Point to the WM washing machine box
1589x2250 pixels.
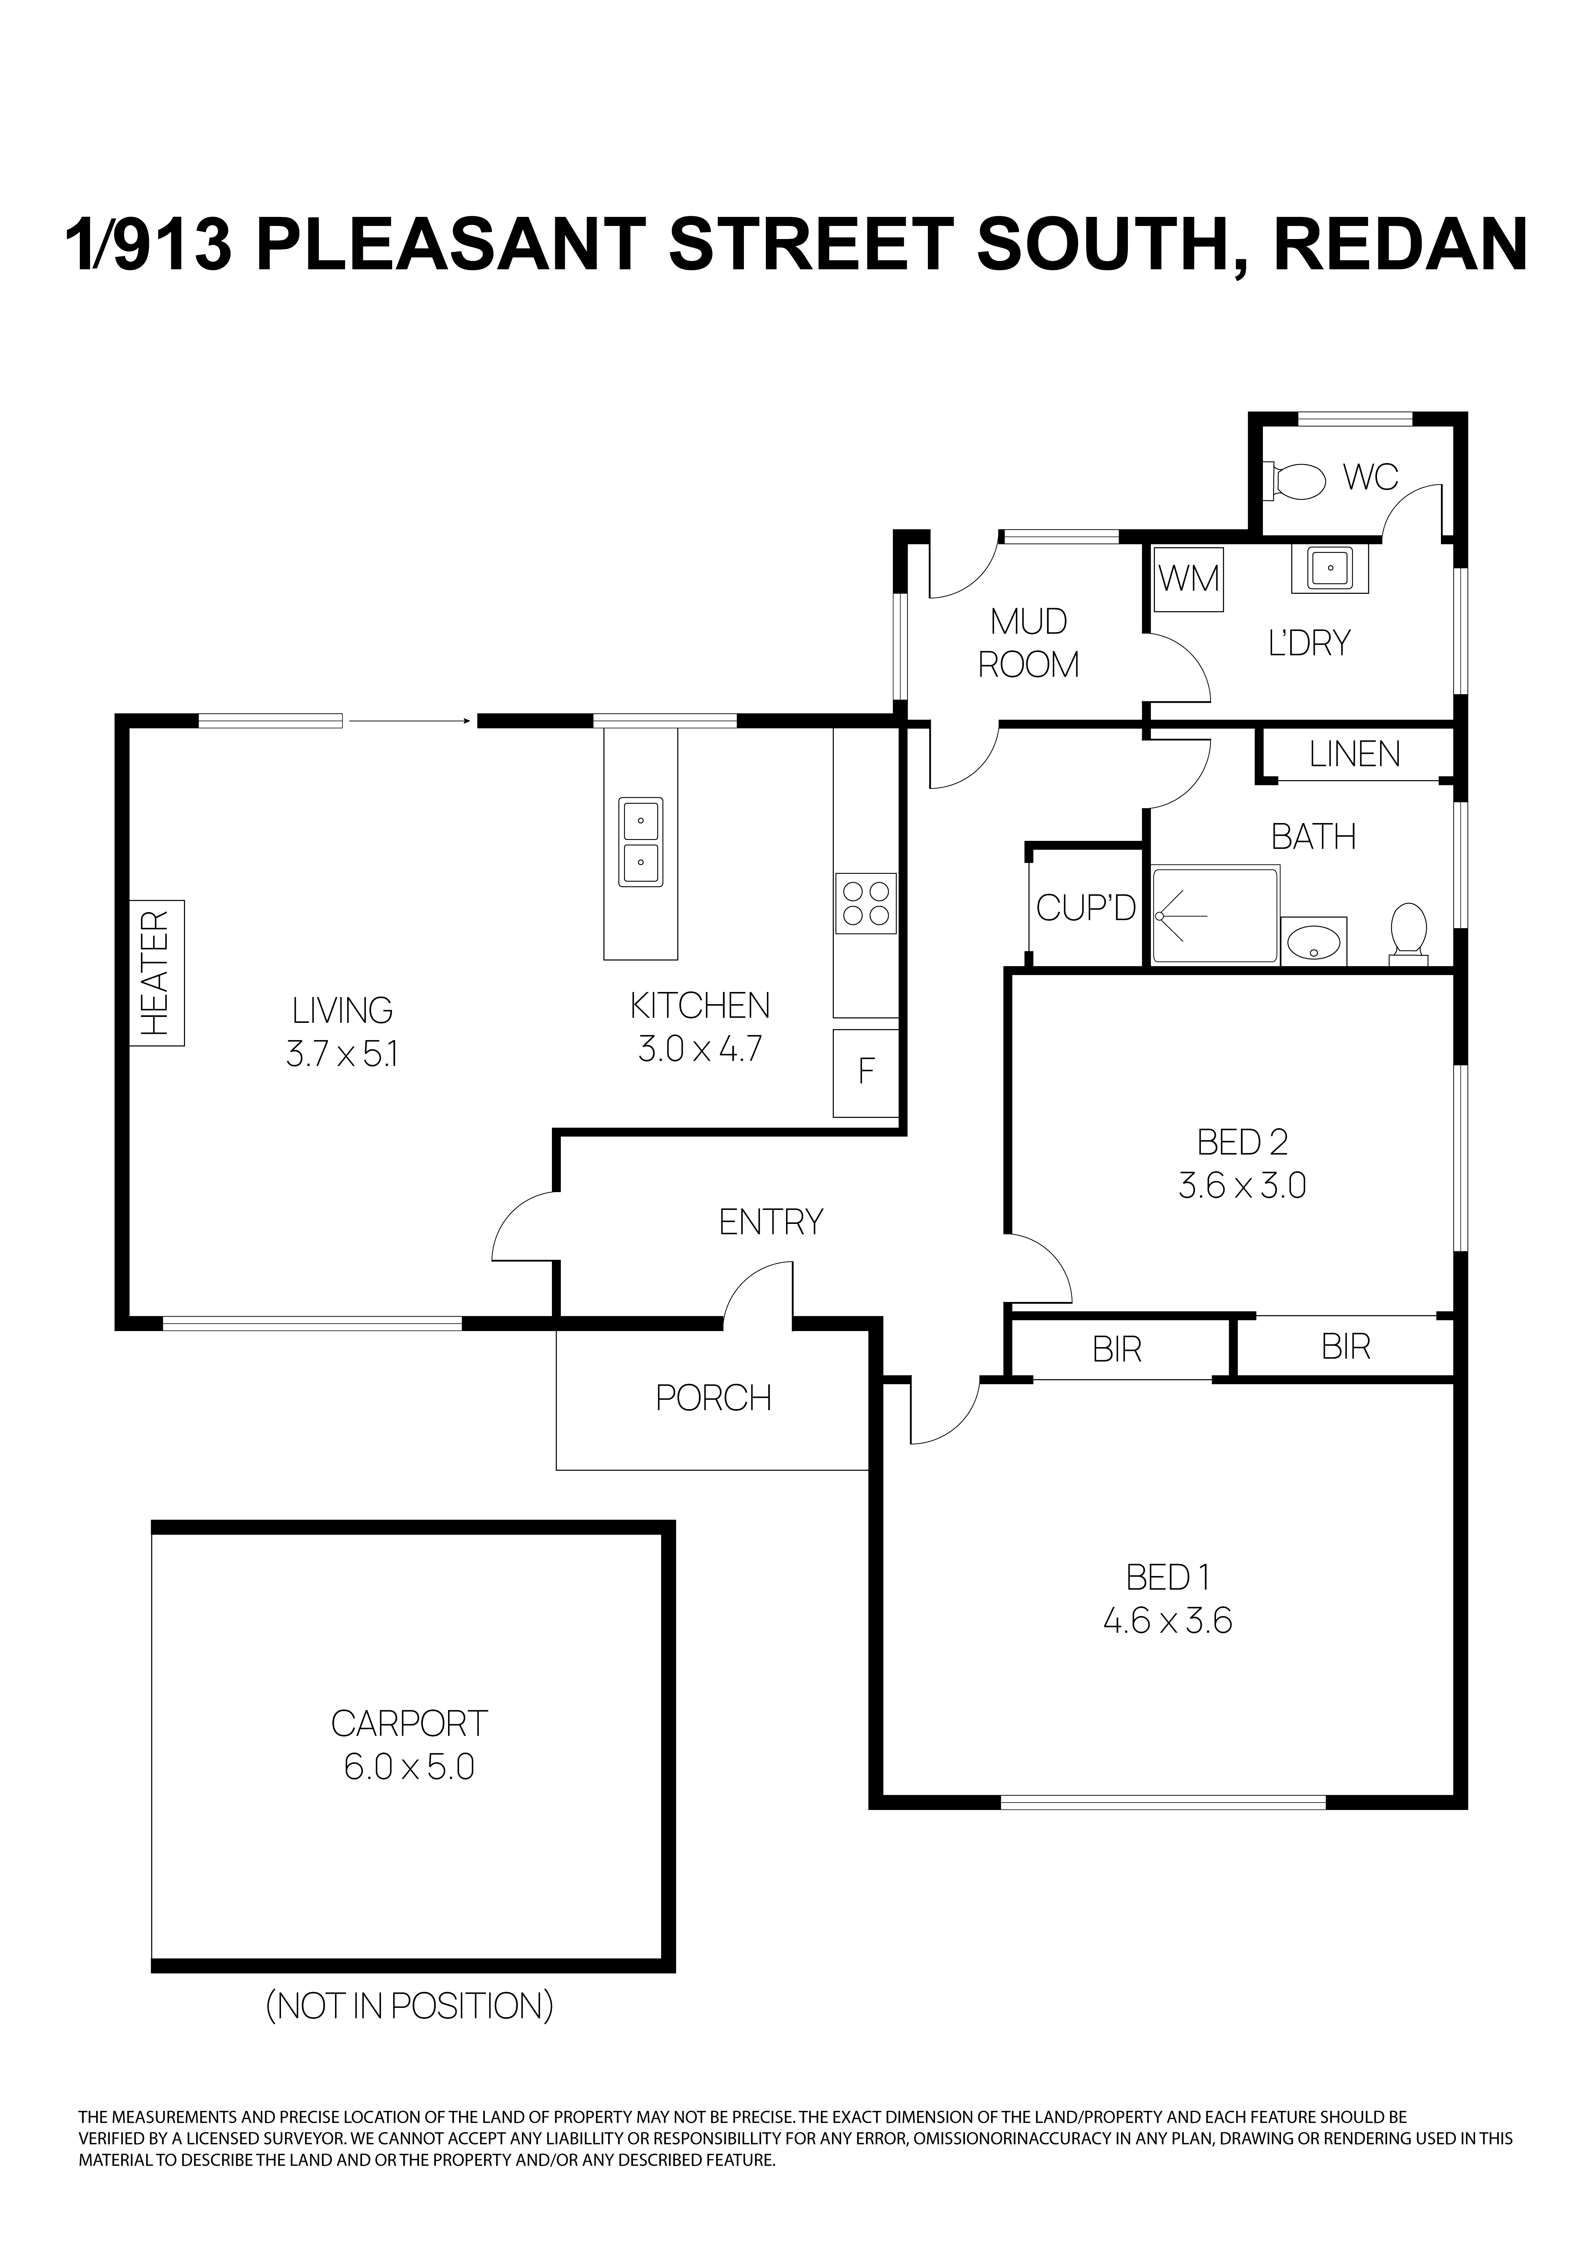(x=1188, y=579)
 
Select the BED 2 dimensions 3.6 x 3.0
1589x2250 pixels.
(x=1242, y=1187)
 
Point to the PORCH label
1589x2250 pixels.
(x=713, y=1398)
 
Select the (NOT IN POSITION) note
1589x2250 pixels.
(x=409, y=2006)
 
